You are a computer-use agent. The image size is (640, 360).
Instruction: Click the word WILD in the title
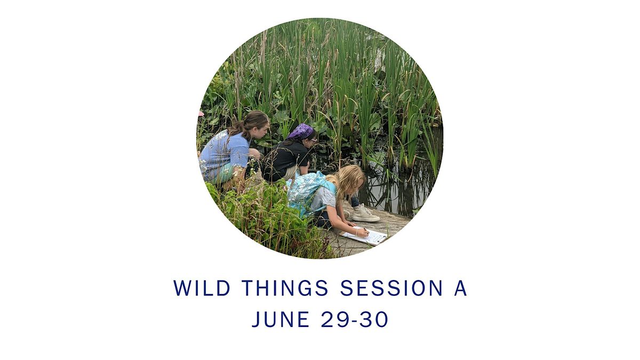(202, 288)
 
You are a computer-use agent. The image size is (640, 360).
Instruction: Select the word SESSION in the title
(391, 288)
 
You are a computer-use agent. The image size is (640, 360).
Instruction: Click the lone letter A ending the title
(460, 288)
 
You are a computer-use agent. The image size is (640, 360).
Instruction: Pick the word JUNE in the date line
(281, 319)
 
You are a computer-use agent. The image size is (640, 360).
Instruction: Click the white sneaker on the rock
(365, 213)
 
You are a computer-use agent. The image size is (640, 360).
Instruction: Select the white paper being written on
(366, 235)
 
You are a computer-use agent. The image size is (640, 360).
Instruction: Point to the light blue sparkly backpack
(309, 192)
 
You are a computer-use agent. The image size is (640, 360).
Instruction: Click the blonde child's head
(351, 179)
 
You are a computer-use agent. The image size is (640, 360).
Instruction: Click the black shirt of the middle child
(286, 160)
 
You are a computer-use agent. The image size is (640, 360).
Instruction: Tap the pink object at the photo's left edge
(201, 114)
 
